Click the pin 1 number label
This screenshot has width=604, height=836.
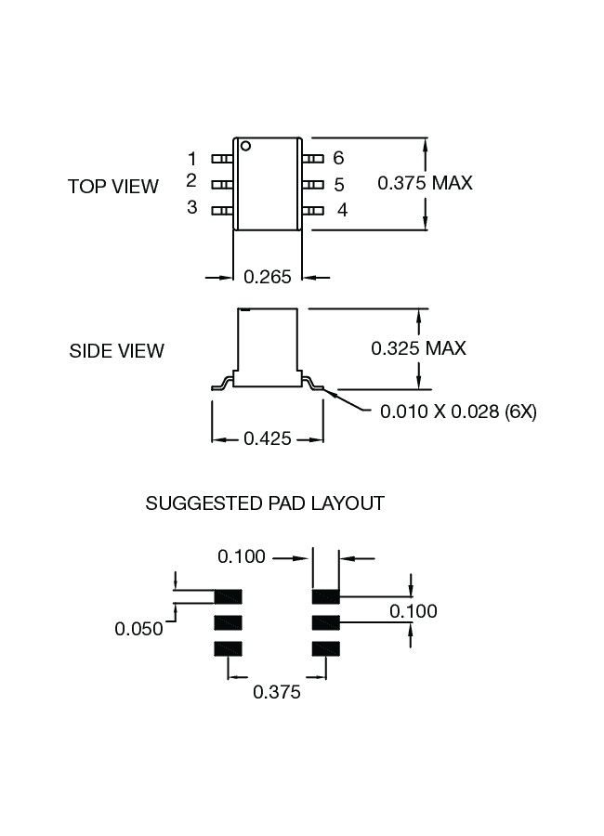pyautogui.click(x=192, y=158)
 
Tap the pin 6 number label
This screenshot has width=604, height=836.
pyautogui.click(x=338, y=158)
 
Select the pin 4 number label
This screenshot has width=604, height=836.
pyautogui.click(x=342, y=211)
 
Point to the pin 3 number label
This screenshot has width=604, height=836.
pyautogui.click(x=192, y=207)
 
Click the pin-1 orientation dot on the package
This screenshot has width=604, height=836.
pyautogui.click(x=246, y=146)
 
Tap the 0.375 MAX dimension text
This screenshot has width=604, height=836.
pyautogui.click(x=425, y=183)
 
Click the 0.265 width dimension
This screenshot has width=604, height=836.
pyautogui.click(x=267, y=277)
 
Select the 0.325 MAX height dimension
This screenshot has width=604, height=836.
pyautogui.click(x=418, y=348)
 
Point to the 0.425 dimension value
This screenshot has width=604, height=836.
pyautogui.click(x=268, y=438)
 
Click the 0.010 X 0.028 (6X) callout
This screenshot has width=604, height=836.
pyautogui.click(x=458, y=411)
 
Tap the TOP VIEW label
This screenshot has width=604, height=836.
pyautogui.click(x=113, y=186)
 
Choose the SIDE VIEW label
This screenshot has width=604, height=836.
pyautogui.click(x=117, y=351)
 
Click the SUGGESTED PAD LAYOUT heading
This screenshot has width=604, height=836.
pyautogui.click(x=265, y=503)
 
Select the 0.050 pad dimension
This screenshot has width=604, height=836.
pyautogui.click(x=138, y=629)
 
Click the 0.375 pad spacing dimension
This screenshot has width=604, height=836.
pyautogui.click(x=277, y=692)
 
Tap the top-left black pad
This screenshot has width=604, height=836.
pyautogui.click(x=229, y=596)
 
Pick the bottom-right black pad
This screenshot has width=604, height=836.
pyautogui.click(x=326, y=648)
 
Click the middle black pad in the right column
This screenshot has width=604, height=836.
pyautogui.click(x=326, y=622)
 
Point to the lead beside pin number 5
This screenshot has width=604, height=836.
pyautogui.click(x=315, y=185)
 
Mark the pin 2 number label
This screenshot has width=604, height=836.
pyautogui.click(x=191, y=180)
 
